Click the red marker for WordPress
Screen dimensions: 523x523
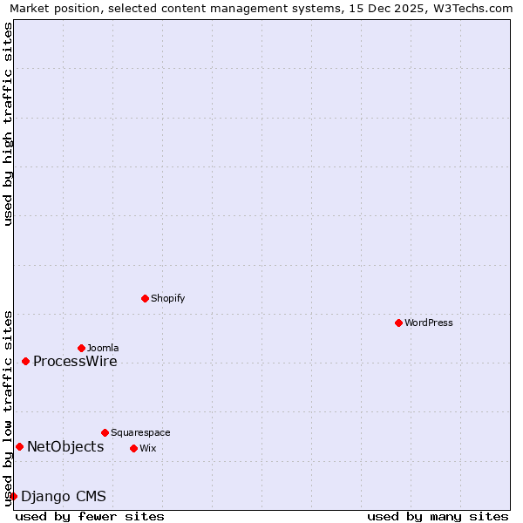(x=398, y=323)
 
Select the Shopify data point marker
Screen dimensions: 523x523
(x=145, y=298)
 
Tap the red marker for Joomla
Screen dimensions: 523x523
(x=81, y=348)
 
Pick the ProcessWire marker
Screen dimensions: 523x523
(x=25, y=361)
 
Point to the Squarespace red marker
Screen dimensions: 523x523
(x=105, y=432)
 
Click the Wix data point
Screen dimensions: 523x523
(x=133, y=448)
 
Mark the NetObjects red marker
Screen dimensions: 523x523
(x=19, y=447)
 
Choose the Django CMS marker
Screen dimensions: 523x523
(x=13, y=497)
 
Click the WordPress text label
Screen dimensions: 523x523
(x=429, y=323)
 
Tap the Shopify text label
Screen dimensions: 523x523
(x=168, y=298)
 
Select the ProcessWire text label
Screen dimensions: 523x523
(x=75, y=362)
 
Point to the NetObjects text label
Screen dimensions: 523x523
(x=65, y=447)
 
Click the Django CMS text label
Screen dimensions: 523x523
(x=64, y=497)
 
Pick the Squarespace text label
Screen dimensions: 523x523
(x=140, y=432)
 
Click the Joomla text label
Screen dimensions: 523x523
(x=103, y=348)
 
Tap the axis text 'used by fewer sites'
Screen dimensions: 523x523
(x=90, y=516)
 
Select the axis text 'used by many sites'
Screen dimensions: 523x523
(x=438, y=516)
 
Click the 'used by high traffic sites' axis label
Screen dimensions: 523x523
(x=9, y=124)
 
